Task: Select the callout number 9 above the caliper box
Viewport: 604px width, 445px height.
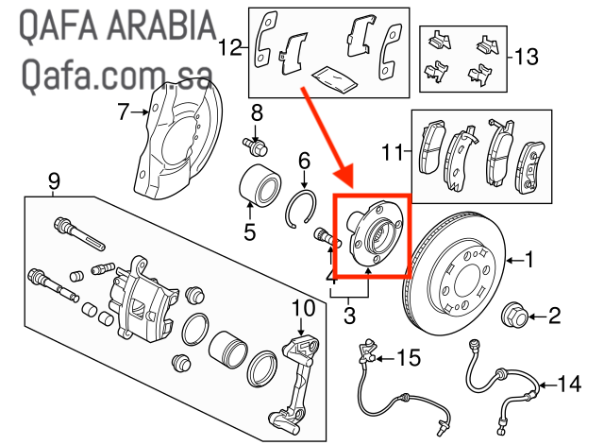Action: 54,180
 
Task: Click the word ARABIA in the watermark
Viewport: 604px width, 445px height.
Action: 159,26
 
